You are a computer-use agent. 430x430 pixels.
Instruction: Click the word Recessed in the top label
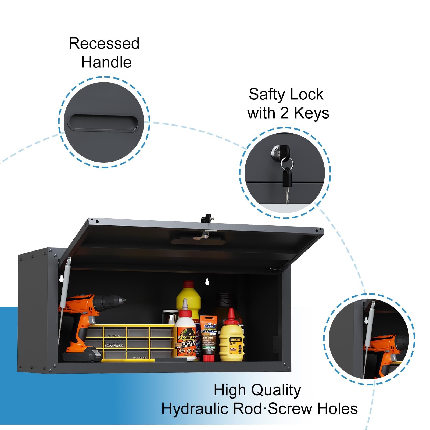coord(104,44)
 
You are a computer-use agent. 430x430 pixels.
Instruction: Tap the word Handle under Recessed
coord(106,62)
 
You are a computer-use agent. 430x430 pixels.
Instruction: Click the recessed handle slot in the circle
coord(102,122)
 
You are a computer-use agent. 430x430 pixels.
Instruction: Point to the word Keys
coord(311,113)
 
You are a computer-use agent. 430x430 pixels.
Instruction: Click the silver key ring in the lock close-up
coord(286,163)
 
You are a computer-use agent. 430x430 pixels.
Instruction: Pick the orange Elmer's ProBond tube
coord(209,337)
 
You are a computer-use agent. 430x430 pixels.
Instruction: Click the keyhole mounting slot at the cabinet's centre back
coord(207,282)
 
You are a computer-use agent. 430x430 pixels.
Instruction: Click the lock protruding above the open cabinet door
coord(206,218)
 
